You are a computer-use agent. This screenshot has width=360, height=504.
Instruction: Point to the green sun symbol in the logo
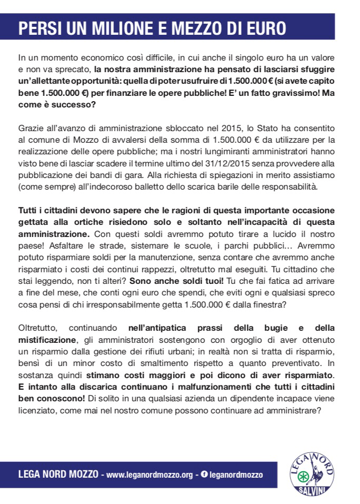(x=303, y=478)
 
